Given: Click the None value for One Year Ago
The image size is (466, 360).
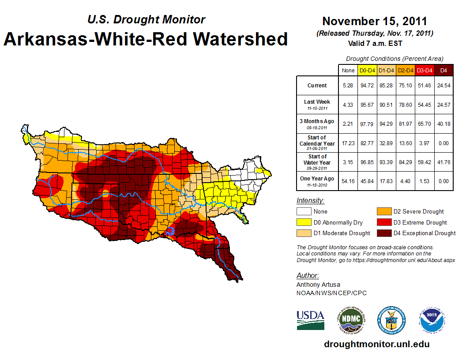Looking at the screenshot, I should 348,181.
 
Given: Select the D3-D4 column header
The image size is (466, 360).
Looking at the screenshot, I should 424,70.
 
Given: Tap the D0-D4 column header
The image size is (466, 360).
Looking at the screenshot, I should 367,70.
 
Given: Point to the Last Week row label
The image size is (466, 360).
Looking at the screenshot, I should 317,104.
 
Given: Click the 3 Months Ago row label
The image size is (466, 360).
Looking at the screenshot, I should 317,124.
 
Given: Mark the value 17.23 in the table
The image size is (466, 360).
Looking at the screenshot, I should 348,143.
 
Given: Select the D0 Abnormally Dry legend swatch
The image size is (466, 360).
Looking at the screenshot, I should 303,222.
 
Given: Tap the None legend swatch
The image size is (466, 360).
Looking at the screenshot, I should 303,212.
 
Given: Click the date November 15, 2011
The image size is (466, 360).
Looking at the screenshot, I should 375,21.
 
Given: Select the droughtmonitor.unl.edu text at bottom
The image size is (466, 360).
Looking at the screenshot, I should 376,344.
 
